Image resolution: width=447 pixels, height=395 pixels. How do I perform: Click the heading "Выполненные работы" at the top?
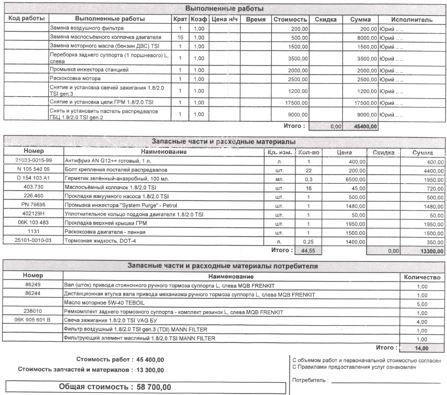tap(224, 9)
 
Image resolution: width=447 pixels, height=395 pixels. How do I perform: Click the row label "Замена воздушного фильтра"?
tap(86, 28)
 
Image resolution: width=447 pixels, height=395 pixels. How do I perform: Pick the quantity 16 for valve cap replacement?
tap(181, 38)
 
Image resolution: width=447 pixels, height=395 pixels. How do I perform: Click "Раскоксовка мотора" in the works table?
tap(75, 78)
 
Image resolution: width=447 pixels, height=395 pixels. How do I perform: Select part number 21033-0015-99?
tap(33, 161)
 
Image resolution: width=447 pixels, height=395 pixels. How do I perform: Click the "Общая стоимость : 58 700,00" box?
tap(145, 387)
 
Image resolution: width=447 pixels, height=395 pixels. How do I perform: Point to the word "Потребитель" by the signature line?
tap(310, 380)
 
